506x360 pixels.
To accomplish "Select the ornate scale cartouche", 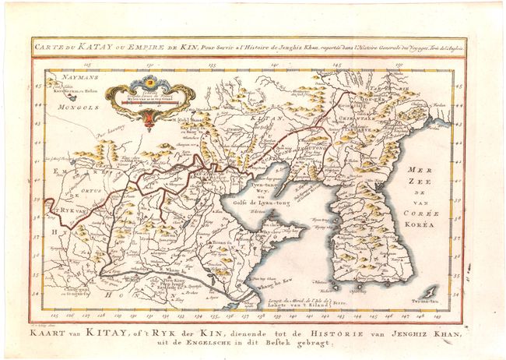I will [149, 98].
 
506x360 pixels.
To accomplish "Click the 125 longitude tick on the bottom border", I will [50, 316].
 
